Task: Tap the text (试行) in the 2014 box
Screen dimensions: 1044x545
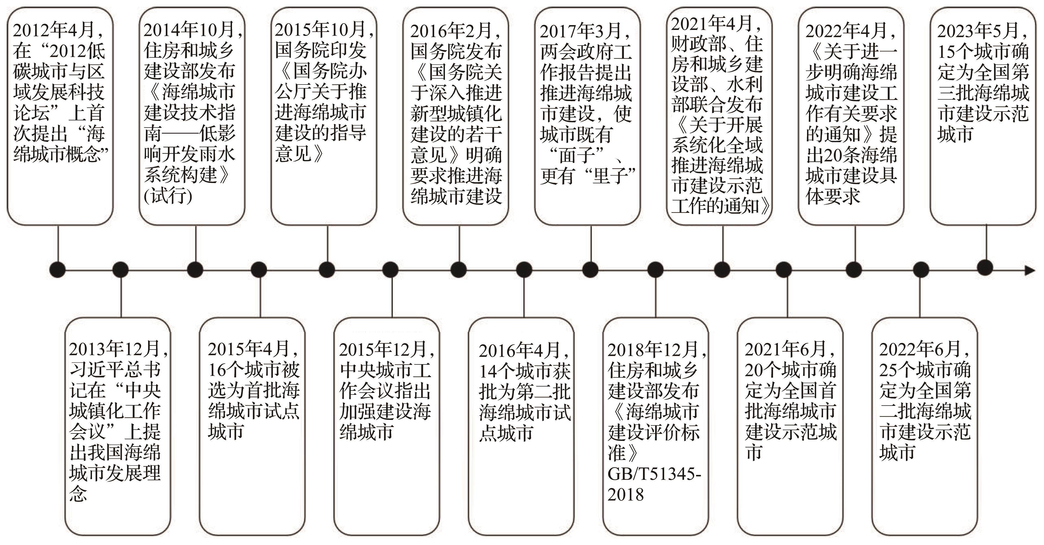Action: point(168,196)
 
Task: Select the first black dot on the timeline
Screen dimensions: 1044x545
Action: point(57,270)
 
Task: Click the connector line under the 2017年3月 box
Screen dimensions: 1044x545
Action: point(591,244)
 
